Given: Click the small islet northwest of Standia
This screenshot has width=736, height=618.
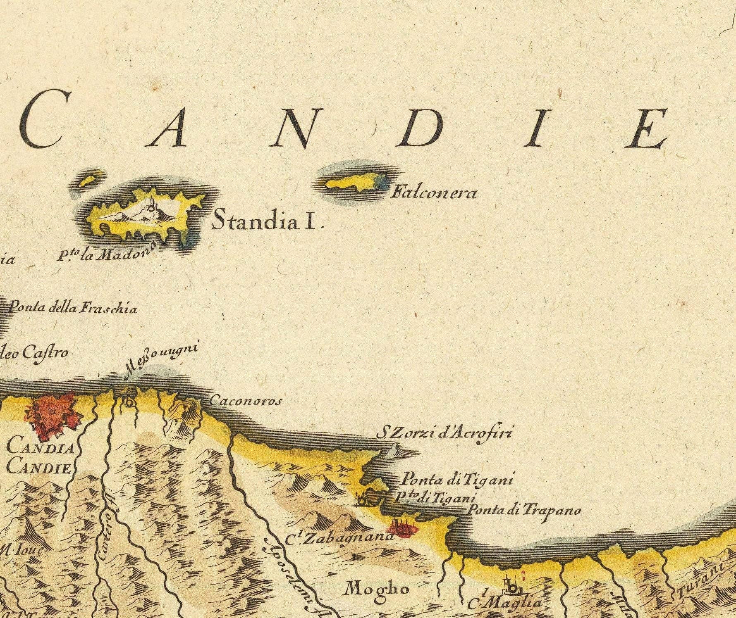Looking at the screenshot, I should (x=88, y=181).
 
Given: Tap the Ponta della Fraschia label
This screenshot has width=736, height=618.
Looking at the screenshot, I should (x=73, y=308).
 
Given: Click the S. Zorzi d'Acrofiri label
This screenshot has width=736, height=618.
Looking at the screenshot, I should (x=444, y=433).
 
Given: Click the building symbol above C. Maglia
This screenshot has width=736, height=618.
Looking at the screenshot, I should (x=511, y=585).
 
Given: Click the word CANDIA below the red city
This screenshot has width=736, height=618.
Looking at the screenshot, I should (x=40, y=448).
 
